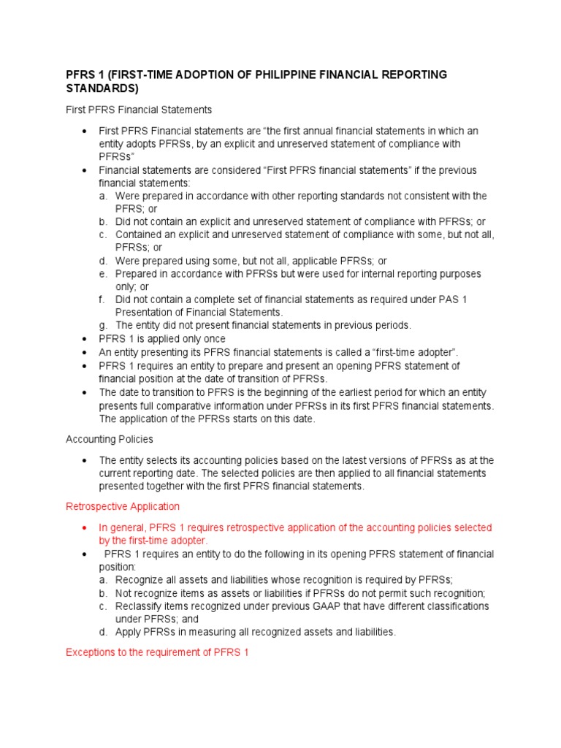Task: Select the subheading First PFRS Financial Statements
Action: [139, 110]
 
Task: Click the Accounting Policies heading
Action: [109, 439]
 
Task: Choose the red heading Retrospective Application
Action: [123, 506]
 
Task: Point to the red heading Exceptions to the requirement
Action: [158, 652]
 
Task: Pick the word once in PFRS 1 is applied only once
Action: [213, 339]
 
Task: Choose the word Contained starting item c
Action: [139, 234]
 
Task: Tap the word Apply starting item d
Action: [129, 633]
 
